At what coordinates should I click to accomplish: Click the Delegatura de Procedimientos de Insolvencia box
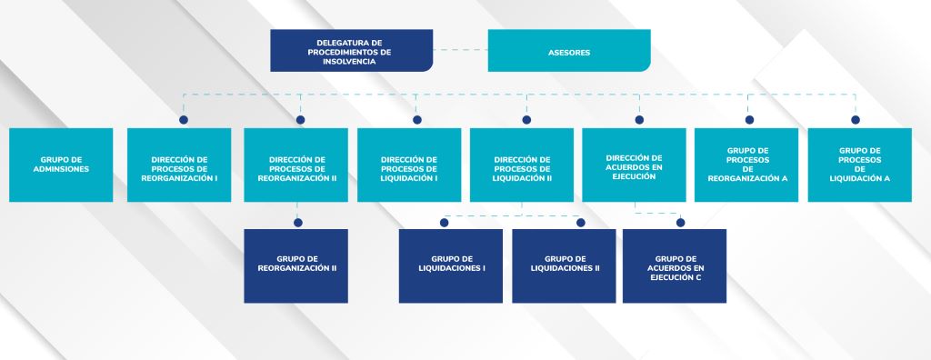point(352,51)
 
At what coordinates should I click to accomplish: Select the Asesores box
point(569,51)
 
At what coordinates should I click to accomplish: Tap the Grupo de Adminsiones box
point(61,165)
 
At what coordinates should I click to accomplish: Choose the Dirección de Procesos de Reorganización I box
point(179,165)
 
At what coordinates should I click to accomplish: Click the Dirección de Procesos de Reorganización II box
point(295,165)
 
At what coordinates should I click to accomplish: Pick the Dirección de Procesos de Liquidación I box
point(409,165)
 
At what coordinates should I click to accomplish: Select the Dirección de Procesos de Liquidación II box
point(522,165)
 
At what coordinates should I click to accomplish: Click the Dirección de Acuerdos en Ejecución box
point(634,165)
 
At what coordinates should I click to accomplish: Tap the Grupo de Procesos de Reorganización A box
point(746,165)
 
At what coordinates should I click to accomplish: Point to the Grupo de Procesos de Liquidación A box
point(860,165)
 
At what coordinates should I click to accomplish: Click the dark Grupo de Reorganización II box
point(295,266)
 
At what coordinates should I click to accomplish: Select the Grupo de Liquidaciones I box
point(451,266)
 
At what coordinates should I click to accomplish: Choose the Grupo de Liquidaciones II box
point(564,266)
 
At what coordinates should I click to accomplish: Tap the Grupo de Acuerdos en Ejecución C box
point(675,266)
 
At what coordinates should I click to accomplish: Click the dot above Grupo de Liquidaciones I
point(444,223)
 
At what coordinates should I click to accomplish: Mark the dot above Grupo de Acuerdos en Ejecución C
point(680,223)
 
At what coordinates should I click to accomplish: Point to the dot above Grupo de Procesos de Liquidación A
point(856,120)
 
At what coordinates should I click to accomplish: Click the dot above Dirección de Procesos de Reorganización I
point(184,120)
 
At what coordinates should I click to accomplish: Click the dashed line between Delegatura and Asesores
point(460,50)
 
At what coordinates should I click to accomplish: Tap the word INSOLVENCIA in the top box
point(349,61)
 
